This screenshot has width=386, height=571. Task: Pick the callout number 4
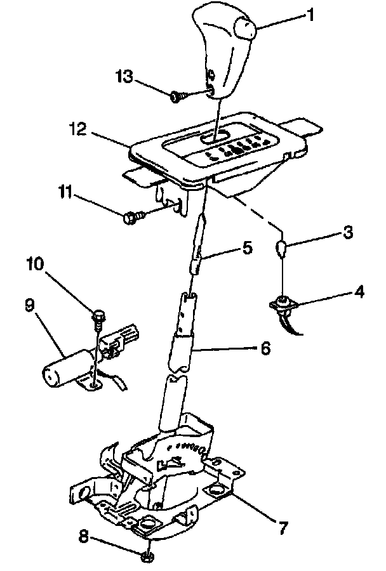(x=360, y=294)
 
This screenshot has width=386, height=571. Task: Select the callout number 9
(x=30, y=305)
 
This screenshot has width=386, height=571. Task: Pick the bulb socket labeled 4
(x=283, y=304)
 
